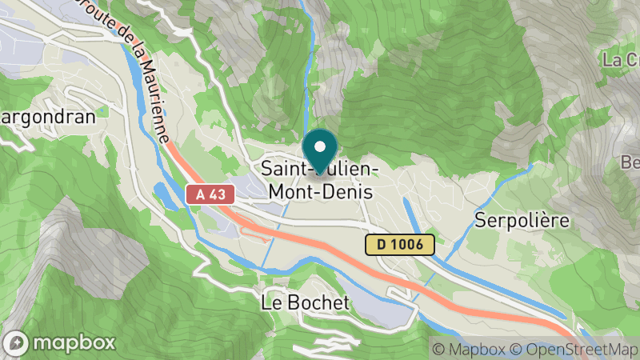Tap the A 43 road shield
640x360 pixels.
pos(210,194)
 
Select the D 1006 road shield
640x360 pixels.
pos(400,245)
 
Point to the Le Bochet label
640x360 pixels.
pos(306,303)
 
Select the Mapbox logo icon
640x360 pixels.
pos(18,343)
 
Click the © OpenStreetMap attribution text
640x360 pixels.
pos(574,349)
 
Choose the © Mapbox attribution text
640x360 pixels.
pos(469,349)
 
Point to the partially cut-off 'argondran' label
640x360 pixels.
pos(47,117)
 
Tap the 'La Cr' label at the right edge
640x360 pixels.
pos(621,60)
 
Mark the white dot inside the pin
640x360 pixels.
pos(321,146)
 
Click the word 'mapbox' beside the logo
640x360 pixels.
pos(73,344)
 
